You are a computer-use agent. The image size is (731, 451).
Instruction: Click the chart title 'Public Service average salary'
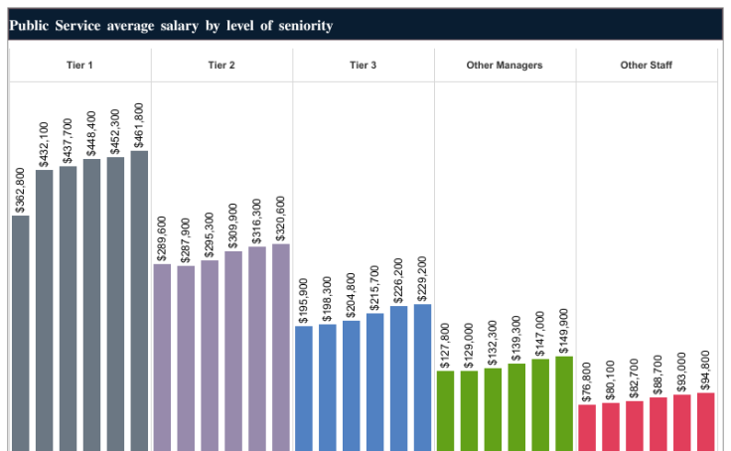(170, 25)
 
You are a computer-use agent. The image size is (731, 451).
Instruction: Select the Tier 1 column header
(79, 66)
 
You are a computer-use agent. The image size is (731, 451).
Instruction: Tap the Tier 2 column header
(221, 66)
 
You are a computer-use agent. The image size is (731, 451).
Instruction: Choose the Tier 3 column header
(363, 66)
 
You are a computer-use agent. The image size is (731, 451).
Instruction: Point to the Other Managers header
(505, 66)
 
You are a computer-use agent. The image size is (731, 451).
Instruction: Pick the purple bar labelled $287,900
(186, 358)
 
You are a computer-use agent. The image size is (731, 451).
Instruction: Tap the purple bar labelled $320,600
(280, 347)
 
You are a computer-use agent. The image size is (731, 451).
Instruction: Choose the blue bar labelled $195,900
(304, 387)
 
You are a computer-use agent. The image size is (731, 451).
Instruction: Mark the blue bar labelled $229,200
(422, 376)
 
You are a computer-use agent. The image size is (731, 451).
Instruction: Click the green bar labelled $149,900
(564, 403)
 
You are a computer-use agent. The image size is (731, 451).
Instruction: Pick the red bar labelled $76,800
(587, 427)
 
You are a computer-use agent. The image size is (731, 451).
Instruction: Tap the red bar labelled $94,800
(705, 421)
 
